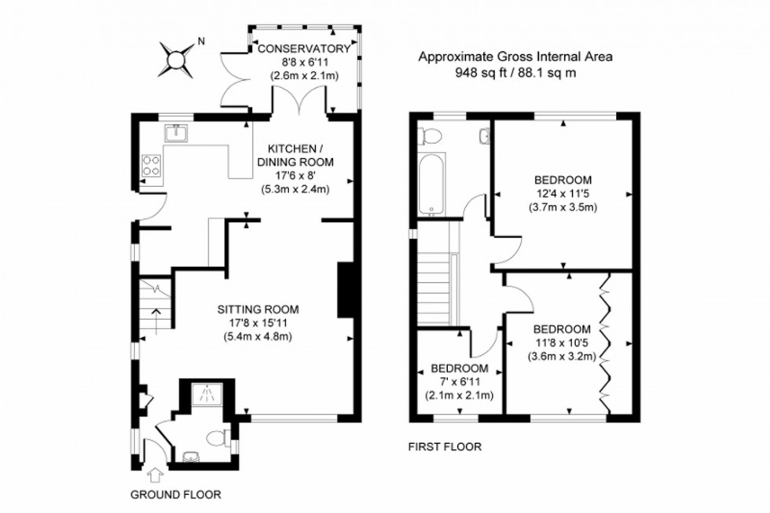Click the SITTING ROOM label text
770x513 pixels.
[x=258, y=309]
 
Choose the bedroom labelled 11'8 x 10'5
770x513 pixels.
[x=561, y=328]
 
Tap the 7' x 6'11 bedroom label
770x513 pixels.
[x=460, y=368]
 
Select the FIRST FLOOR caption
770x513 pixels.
[x=444, y=447]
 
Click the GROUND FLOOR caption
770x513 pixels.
[x=176, y=495]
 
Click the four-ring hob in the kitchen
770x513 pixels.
[x=151, y=165]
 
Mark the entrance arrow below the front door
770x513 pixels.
[x=154, y=475]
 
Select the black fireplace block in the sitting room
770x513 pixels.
[x=344, y=289]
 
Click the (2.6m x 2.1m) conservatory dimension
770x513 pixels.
[x=303, y=75]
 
